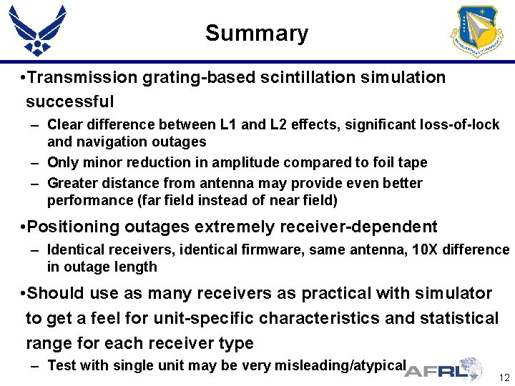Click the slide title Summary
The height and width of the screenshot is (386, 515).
(x=257, y=33)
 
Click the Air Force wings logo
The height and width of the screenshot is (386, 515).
(x=37, y=30)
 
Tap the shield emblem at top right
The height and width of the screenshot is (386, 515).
(x=476, y=31)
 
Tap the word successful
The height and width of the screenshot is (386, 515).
(x=69, y=102)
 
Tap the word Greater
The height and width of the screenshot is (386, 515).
(x=71, y=183)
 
